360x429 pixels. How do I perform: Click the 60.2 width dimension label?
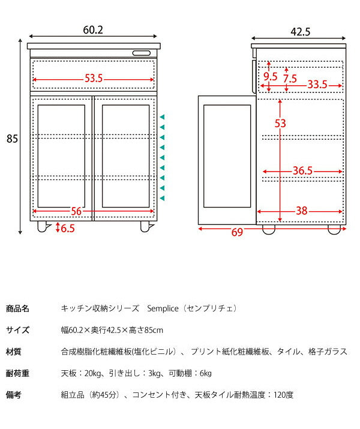[x=93, y=29]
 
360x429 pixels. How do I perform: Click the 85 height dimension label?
[x=12, y=139]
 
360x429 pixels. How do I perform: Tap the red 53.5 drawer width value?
[x=93, y=79]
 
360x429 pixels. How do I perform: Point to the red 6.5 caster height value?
[x=68, y=228]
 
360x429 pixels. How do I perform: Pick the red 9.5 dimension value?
[x=271, y=77]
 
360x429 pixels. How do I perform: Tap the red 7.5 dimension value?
[x=290, y=78]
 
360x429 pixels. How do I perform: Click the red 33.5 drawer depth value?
[x=317, y=85]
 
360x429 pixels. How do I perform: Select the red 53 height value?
[x=281, y=124]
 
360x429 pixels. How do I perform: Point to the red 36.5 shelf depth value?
[x=302, y=171]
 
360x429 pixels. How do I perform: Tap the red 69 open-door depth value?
[x=238, y=232]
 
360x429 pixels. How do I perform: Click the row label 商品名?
[x=17, y=309]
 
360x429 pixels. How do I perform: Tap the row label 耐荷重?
[x=17, y=373]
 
